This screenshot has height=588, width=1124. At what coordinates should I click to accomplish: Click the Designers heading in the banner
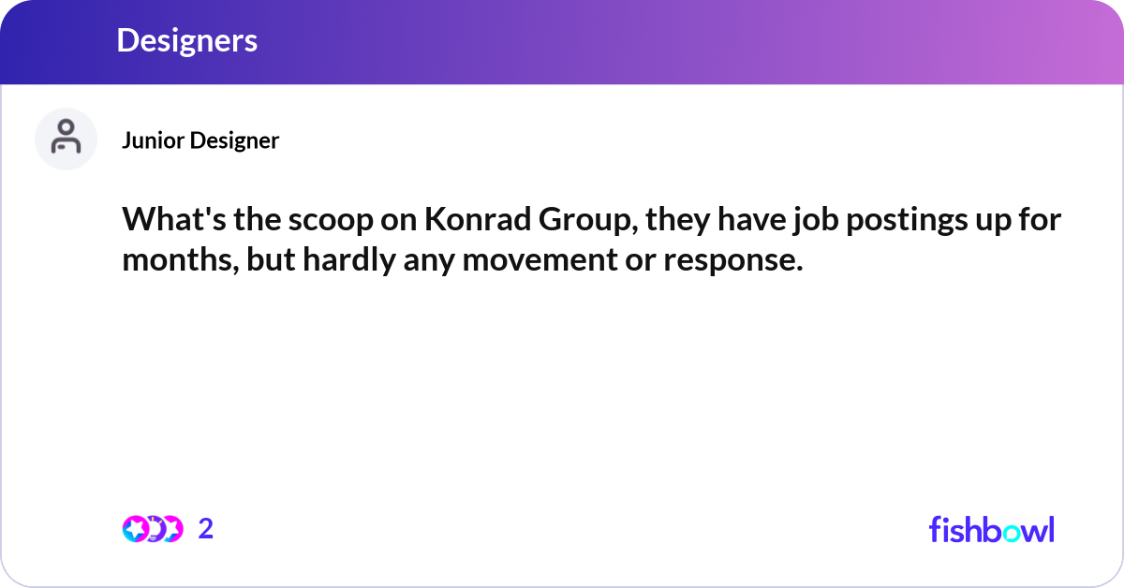tap(186, 40)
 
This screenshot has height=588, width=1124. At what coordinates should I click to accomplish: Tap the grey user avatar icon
tap(66, 139)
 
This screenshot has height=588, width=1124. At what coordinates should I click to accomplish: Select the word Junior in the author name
tap(153, 140)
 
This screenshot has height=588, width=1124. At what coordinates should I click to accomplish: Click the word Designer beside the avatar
tap(234, 140)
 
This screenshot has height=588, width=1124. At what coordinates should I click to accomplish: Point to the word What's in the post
tap(174, 219)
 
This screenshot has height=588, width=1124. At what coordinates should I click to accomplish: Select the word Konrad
tap(478, 219)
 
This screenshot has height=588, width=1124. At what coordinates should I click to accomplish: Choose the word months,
tap(180, 260)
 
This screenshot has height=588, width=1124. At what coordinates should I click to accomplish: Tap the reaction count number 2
tap(206, 529)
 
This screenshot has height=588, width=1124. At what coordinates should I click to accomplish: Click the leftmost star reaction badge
tap(135, 529)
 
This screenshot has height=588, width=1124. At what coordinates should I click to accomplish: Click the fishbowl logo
tap(992, 529)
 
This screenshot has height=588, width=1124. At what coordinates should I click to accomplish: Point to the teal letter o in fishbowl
tap(1011, 533)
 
